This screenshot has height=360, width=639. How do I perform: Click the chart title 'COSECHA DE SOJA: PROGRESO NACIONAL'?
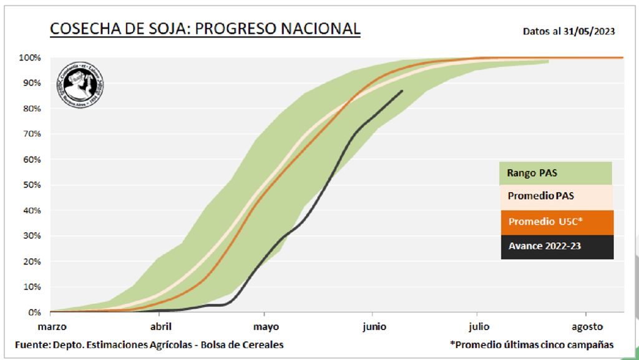[x=205, y=29]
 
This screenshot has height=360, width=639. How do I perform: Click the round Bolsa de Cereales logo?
[x=80, y=85]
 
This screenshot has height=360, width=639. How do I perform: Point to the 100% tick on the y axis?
[x=29, y=58]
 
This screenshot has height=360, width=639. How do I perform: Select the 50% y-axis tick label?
[x=31, y=185]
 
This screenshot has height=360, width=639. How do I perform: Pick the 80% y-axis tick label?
[x=31, y=109]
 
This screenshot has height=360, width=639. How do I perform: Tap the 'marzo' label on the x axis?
[x=52, y=326]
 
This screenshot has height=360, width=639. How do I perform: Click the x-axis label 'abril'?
[x=161, y=326]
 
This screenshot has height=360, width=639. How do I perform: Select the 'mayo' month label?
[x=266, y=326]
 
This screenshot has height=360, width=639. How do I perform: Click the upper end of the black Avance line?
[x=402, y=91]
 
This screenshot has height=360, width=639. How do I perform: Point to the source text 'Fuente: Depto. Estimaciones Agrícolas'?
[x=150, y=344]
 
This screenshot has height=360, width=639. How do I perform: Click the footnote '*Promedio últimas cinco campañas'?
[x=531, y=344]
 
